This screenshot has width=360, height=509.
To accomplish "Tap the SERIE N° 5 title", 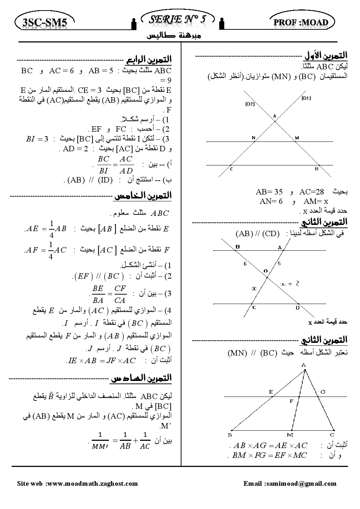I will (177, 20).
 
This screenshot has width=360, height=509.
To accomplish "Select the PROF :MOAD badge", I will (301, 22).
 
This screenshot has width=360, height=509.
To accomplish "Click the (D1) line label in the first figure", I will (306, 98).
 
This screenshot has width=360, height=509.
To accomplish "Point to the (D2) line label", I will (250, 104).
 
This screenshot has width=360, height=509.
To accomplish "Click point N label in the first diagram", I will (253, 137).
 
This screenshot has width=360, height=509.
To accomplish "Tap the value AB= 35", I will (269, 192).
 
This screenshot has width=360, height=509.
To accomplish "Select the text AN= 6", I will (271, 201).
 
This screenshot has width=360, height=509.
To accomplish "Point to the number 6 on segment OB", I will (245, 264).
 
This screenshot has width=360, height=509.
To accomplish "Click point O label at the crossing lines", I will (265, 271).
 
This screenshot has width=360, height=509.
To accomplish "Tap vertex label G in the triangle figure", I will (323, 392).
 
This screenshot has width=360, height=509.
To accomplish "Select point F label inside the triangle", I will (291, 401).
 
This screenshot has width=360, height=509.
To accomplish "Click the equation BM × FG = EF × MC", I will (269, 455).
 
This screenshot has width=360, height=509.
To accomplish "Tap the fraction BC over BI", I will (103, 164).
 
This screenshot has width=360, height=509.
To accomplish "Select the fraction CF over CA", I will (120, 294).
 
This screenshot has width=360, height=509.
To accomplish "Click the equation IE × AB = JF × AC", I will (102, 360).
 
